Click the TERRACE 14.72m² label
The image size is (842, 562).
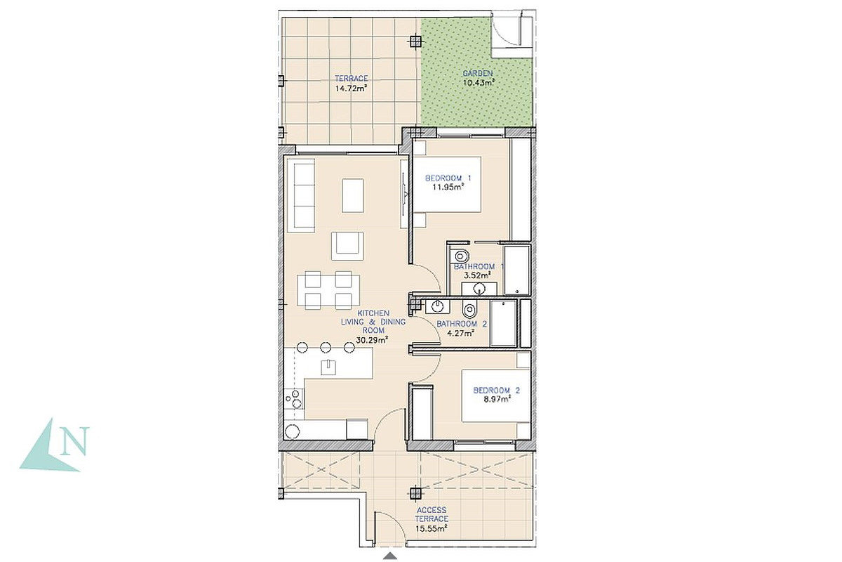click(351, 84)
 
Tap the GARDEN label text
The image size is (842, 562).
click(477, 73)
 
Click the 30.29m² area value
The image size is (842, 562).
click(372, 340)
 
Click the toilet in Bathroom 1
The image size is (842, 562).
click(460, 256)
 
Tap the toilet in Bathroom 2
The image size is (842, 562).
click(469, 311)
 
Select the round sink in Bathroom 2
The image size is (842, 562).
click(438, 307)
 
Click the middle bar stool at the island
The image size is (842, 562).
click(326, 347)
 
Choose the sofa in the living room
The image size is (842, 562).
click(301, 195)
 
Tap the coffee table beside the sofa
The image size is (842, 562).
click(353, 196)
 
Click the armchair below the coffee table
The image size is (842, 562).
click(348, 246)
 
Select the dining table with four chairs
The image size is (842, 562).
click(328, 290)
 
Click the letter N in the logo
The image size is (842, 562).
click(76, 440)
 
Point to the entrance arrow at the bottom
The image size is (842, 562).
click(391, 556)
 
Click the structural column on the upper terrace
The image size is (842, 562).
click(415, 41)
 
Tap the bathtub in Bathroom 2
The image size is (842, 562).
click(504, 323)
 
